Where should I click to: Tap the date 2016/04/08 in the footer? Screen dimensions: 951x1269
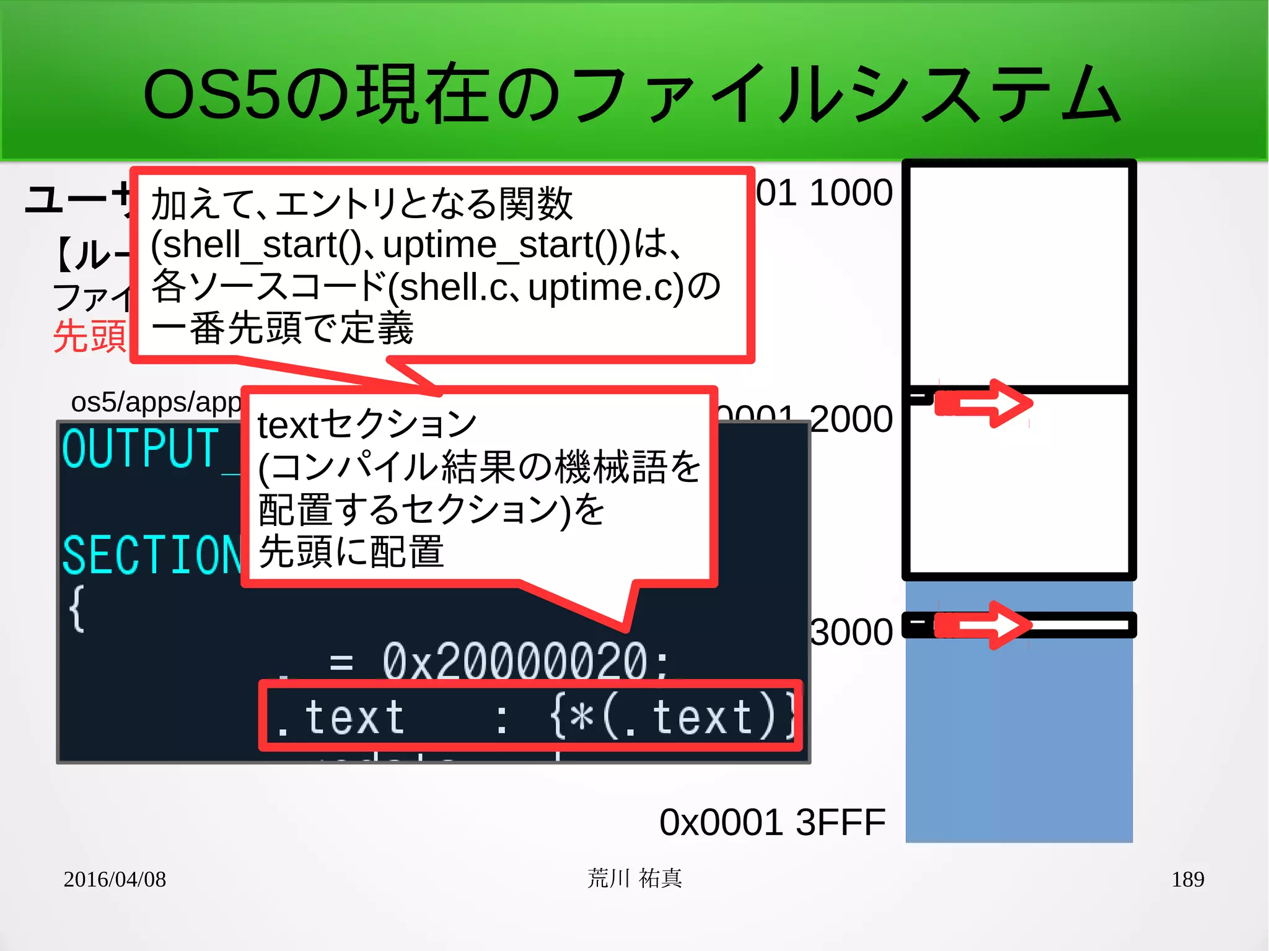click(x=115, y=879)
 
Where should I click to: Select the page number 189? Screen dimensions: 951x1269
click(x=1187, y=879)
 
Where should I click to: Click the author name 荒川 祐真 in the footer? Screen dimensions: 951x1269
click(x=634, y=879)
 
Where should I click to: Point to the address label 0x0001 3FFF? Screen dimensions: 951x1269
click(x=772, y=823)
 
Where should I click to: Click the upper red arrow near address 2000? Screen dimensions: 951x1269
click(x=985, y=404)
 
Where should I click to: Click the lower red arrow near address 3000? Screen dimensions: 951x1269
click(x=985, y=625)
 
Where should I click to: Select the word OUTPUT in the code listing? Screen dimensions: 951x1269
click(x=141, y=449)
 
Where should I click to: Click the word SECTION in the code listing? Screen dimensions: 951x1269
click(x=152, y=555)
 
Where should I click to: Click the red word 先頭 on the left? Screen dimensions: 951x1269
click(x=90, y=336)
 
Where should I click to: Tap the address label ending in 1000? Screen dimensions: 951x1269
click(x=824, y=193)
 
